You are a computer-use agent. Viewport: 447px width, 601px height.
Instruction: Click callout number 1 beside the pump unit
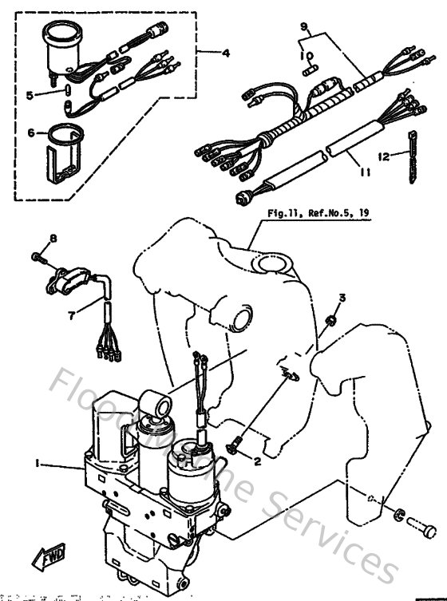pos(38,462)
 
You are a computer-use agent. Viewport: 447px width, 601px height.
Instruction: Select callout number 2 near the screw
pos(258,461)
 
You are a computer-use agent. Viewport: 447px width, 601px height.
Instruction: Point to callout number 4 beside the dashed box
pos(226,53)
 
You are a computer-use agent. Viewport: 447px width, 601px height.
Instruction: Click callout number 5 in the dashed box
pos(30,95)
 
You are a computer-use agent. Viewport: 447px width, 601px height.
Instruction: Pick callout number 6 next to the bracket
pos(31,133)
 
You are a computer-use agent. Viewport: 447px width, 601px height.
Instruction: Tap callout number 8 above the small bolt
pos(54,239)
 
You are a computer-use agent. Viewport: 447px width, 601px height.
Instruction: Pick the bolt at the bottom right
pos(421,526)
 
